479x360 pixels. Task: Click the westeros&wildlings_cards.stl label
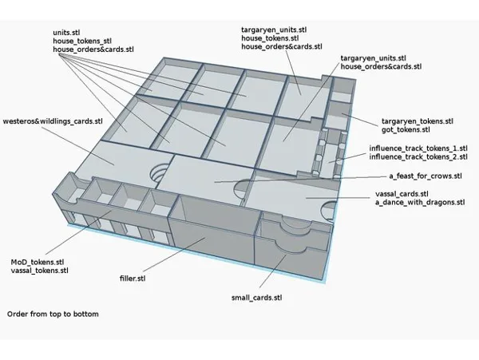pyautogui.click(x=53, y=121)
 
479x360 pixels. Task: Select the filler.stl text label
pyautogui.click(x=133, y=279)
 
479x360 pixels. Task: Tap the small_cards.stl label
pyautogui.click(x=256, y=298)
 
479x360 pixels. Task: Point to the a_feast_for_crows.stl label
pyautogui.click(x=426, y=176)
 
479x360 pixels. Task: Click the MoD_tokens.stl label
pyautogui.click(x=38, y=262)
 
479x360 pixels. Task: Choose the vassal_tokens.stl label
pyautogui.click(x=39, y=271)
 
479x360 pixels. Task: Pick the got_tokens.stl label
pyautogui.click(x=406, y=130)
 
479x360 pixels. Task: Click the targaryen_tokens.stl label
pyautogui.click(x=418, y=121)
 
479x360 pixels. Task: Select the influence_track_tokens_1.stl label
pyautogui.click(x=418, y=148)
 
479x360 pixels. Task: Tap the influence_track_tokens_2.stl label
pyautogui.click(x=418, y=157)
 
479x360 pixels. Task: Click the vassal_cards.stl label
pyautogui.click(x=402, y=194)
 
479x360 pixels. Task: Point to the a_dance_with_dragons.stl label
pyautogui.click(x=420, y=203)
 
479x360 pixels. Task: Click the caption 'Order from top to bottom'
pyautogui.click(x=53, y=315)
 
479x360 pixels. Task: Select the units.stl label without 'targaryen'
pyautogui.click(x=66, y=33)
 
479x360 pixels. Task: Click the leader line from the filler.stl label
pyautogui.click(x=173, y=254)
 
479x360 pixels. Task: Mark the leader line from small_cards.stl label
pyautogui.click(x=273, y=271)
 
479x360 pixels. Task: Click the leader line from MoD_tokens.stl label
pyautogui.click(x=79, y=232)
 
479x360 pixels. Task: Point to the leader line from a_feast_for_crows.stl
pyautogui.click(x=301, y=180)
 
